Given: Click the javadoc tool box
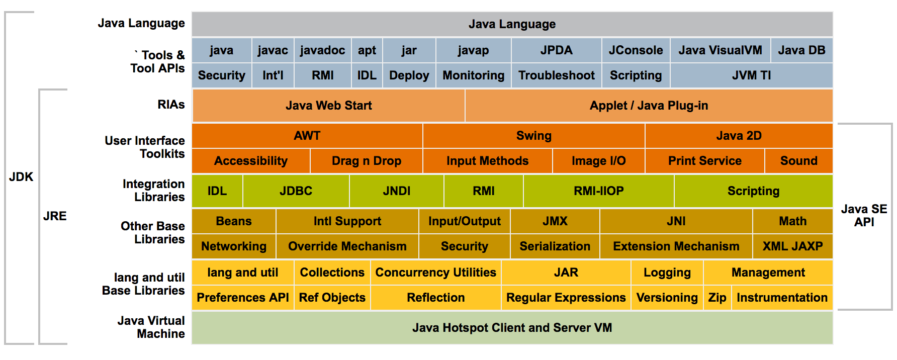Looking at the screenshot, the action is (322, 50).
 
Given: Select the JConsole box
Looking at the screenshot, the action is (636, 50).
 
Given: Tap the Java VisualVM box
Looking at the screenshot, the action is (720, 50).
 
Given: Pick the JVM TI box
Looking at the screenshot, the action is (751, 75).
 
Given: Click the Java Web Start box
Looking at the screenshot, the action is (328, 106).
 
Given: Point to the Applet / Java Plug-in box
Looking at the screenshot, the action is (649, 106).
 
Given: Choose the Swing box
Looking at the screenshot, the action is (533, 136).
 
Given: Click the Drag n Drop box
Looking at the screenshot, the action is (366, 161).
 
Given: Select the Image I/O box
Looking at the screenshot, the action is (598, 161).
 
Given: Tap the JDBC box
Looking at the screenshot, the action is (296, 191).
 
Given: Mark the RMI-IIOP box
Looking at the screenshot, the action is (598, 191).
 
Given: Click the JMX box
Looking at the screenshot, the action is (555, 221).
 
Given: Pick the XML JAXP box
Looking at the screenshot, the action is (792, 246).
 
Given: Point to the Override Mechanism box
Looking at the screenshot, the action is (347, 246).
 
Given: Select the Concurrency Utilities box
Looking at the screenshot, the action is (435, 273).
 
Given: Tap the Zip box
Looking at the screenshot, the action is (717, 298).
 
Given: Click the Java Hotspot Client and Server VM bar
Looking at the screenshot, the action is (512, 328).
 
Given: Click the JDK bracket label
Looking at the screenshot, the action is (21, 177).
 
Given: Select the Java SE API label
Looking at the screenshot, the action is (864, 215).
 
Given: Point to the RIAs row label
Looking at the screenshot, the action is (171, 105).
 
